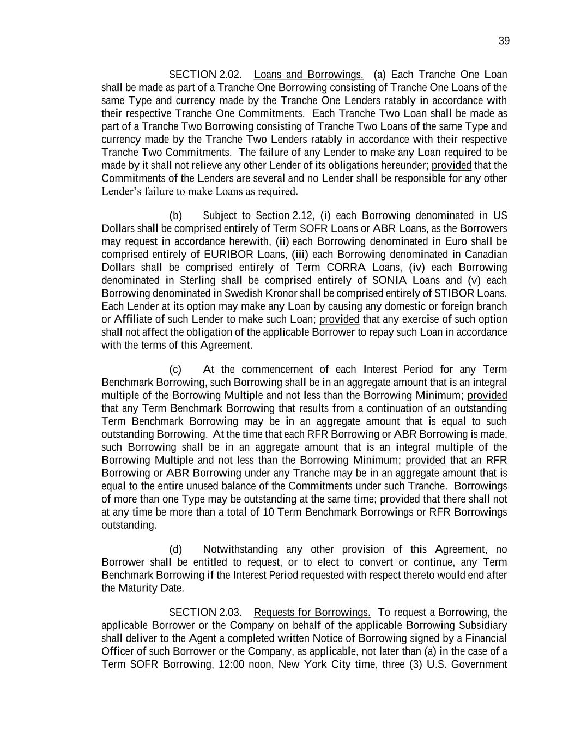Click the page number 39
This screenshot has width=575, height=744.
pos(504,41)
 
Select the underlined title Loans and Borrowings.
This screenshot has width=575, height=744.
pos(308,75)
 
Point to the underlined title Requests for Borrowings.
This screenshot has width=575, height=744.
pos(312,612)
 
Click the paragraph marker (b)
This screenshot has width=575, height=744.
pos(175,215)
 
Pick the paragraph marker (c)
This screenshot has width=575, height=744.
pos(175,370)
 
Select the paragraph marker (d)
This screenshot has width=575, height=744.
pos(175,549)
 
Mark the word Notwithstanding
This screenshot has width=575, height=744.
pos(240,549)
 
